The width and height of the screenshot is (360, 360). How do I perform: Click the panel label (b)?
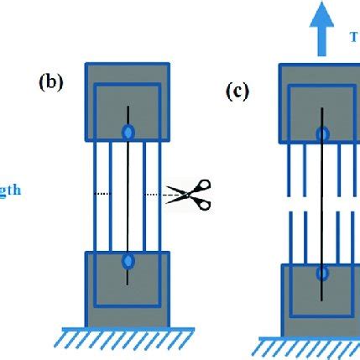pos(51,84)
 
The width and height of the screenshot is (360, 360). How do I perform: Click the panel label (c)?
pos(239,91)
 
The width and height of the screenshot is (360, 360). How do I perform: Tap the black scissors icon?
pos(190,194)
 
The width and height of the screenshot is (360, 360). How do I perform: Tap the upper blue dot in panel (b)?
pos(128,133)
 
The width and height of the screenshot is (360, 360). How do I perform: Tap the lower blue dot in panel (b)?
pos(128,262)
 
